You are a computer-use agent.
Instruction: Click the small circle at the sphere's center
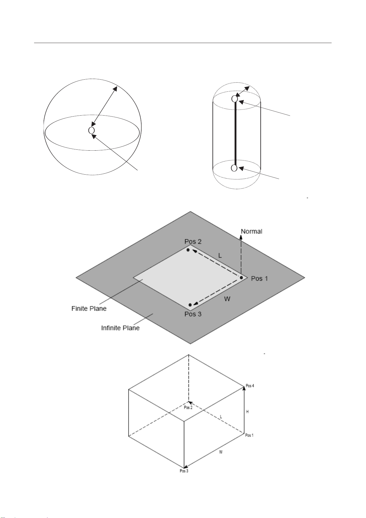[x=91, y=130]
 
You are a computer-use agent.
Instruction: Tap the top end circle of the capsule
[x=235, y=99]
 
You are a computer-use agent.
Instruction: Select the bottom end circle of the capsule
[x=234, y=168]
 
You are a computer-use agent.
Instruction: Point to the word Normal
[x=251, y=231]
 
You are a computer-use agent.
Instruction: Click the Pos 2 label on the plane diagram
[x=193, y=242]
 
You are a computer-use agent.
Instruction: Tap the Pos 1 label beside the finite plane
[x=259, y=279]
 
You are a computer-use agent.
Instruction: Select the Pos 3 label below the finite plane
[x=193, y=314]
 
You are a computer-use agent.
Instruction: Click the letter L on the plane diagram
[x=220, y=255]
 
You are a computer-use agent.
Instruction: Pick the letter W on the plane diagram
[x=227, y=299]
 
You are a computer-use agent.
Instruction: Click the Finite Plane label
[x=89, y=308]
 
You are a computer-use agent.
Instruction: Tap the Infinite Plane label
[x=120, y=328]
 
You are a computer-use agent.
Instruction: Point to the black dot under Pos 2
[x=188, y=250]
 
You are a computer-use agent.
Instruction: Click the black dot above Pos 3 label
[x=190, y=305]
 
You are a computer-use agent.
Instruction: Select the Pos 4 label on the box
[x=250, y=386]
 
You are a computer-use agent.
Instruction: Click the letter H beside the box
[x=247, y=412]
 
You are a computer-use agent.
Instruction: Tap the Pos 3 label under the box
[x=184, y=471]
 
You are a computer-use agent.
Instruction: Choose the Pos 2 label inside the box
[x=188, y=408]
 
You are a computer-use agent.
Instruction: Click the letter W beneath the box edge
[x=221, y=452]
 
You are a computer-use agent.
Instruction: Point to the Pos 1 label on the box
[x=249, y=435]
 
